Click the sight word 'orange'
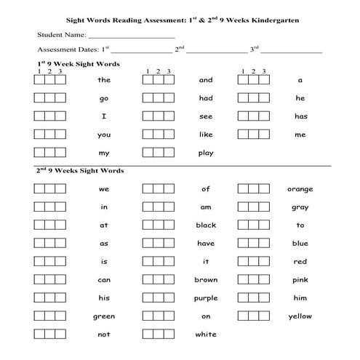tap(300, 189)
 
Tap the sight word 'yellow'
tap(300, 316)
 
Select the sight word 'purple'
tap(206, 298)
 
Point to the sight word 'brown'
tap(206, 280)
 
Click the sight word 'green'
tap(104, 316)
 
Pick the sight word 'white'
tap(206, 335)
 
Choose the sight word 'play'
tap(206, 153)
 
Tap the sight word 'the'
tap(104, 80)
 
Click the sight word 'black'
tap(206, 225)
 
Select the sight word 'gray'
tap(300, 207)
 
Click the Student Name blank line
tap(132, 36)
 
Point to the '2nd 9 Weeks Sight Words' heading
tap(80, 170)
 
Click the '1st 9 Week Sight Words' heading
tap(78, 64)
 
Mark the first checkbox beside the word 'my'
tap(39, 153)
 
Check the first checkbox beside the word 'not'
tap(39, 334)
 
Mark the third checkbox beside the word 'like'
tap(169, 135)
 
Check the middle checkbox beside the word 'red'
tap(253, 261)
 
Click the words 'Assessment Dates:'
tap(68, 50)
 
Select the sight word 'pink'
tap(300, 280)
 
